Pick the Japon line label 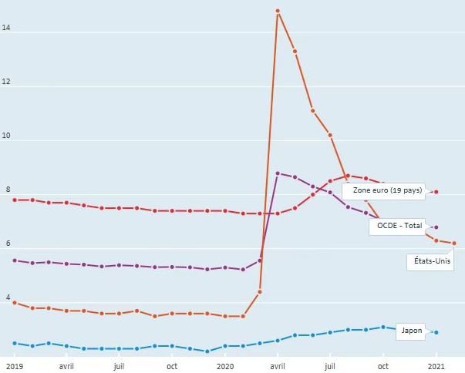point(412,331)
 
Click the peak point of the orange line point(278,11)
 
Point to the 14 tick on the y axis point(6,29)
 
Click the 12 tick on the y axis point(6,82)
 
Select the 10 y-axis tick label point(6,136)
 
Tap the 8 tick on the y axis point(6,190)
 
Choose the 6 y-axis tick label point(6,244)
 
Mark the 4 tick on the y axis point(6,298)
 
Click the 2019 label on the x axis point(15,367)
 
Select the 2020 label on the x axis point(225,367)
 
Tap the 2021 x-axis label point(436,367)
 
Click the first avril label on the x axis point(67,367)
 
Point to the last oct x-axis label point(383,367)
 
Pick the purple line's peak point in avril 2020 point(278,173)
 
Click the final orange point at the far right point(454,244)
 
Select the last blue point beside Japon point(436,332)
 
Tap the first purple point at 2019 point(15,260)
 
